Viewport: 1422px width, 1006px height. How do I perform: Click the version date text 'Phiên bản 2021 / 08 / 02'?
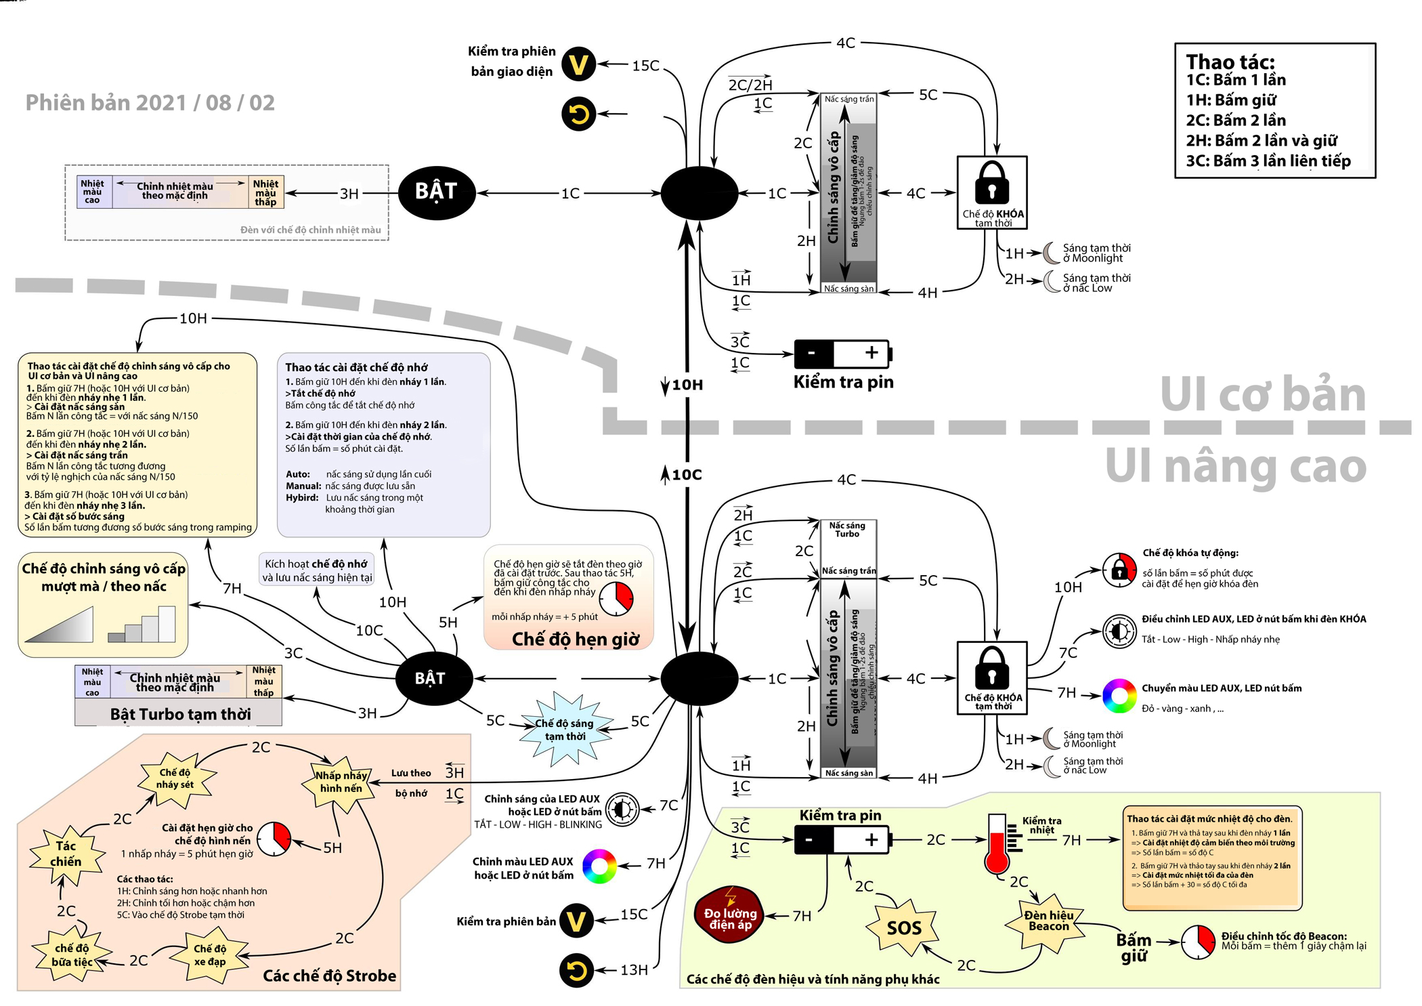pos(150,103)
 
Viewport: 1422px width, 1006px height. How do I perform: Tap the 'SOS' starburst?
pos(904,927)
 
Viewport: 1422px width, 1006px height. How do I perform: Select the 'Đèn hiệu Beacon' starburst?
pos(1048,921)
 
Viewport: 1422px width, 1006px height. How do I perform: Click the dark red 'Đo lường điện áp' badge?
pos(730,918)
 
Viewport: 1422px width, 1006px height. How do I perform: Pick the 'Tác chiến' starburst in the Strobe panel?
pos(66,854)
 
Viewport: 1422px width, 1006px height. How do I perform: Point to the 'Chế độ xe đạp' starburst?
pos(210,955)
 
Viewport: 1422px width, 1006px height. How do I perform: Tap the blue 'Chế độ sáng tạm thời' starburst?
pos(565,730)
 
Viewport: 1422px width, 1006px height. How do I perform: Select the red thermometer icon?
pos(996,843)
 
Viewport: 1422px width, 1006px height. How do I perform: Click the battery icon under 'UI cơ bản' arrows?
pos(843,353)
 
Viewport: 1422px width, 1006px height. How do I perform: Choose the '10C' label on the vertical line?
pos(687,475)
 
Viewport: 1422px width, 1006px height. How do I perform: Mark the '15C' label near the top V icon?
pos(645,66)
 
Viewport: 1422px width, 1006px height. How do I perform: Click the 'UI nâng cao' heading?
pos(1236,466)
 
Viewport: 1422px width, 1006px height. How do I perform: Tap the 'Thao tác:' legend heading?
pos(1230,62)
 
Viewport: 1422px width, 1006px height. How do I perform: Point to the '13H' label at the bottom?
pos(634,970)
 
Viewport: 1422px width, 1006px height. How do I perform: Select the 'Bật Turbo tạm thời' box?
pos(179,714)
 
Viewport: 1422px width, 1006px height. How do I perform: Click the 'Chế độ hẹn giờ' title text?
pos(575,639)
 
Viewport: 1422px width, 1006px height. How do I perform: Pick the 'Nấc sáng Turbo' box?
pos(847,530)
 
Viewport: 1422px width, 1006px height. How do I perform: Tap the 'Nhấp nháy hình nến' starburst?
pos(341,782)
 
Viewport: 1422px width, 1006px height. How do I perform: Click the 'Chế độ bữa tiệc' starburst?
pos(72,955)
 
